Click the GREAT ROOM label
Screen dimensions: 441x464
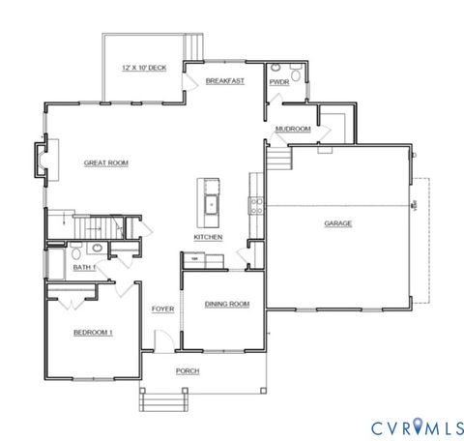106,163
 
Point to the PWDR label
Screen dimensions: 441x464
279,83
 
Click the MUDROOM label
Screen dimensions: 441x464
292,129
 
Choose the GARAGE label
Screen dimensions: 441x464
337,223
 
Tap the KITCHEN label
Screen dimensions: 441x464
209,237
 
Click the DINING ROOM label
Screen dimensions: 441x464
227,304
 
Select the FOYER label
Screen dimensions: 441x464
161,309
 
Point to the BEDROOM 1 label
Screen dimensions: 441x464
94,333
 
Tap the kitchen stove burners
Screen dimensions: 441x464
257,204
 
